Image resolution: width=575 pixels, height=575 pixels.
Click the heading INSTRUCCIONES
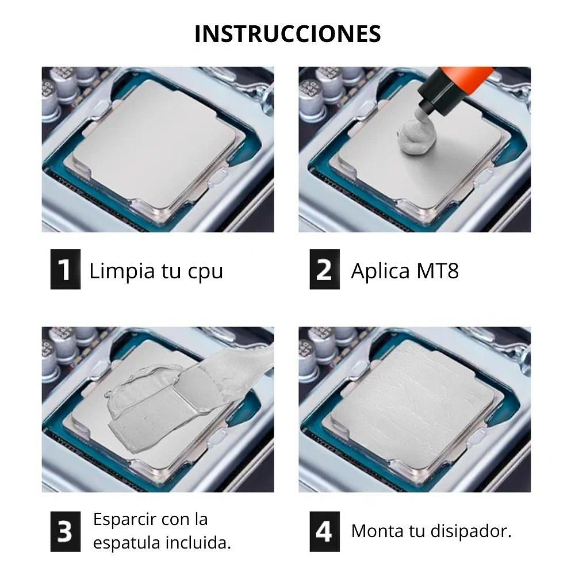287,34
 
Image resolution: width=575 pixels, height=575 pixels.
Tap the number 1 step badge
65,269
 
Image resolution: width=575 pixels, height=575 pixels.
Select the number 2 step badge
324,269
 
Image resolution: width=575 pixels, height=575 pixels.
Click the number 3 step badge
65,531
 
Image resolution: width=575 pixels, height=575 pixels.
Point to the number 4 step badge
324,531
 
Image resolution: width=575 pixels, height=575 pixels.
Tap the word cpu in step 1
205,271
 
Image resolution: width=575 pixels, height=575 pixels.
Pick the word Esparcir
124,520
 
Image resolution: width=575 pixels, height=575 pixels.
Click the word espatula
124,543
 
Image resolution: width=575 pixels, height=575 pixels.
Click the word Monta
379,531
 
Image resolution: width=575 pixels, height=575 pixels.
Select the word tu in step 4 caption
418,531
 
